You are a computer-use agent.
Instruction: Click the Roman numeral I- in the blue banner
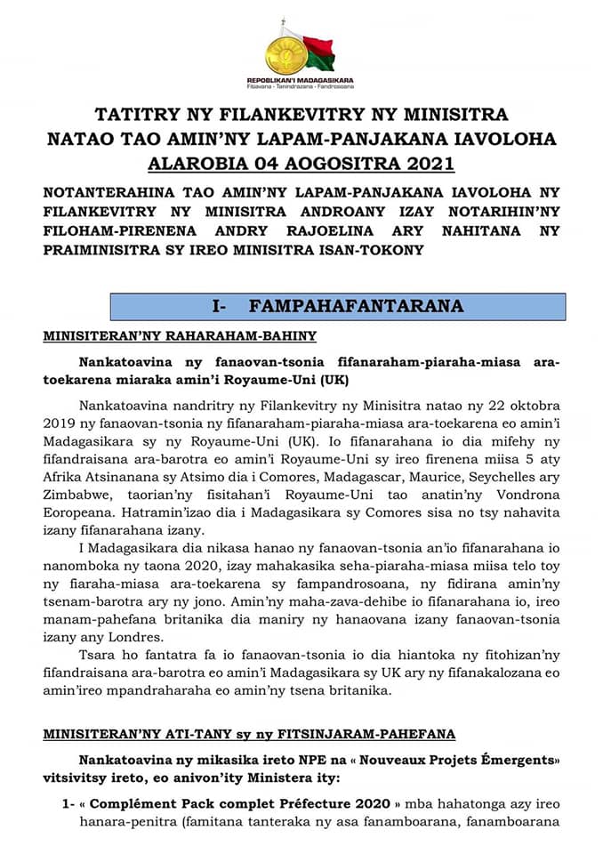pos(221,307)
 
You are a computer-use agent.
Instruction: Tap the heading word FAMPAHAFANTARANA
pos(357,307)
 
